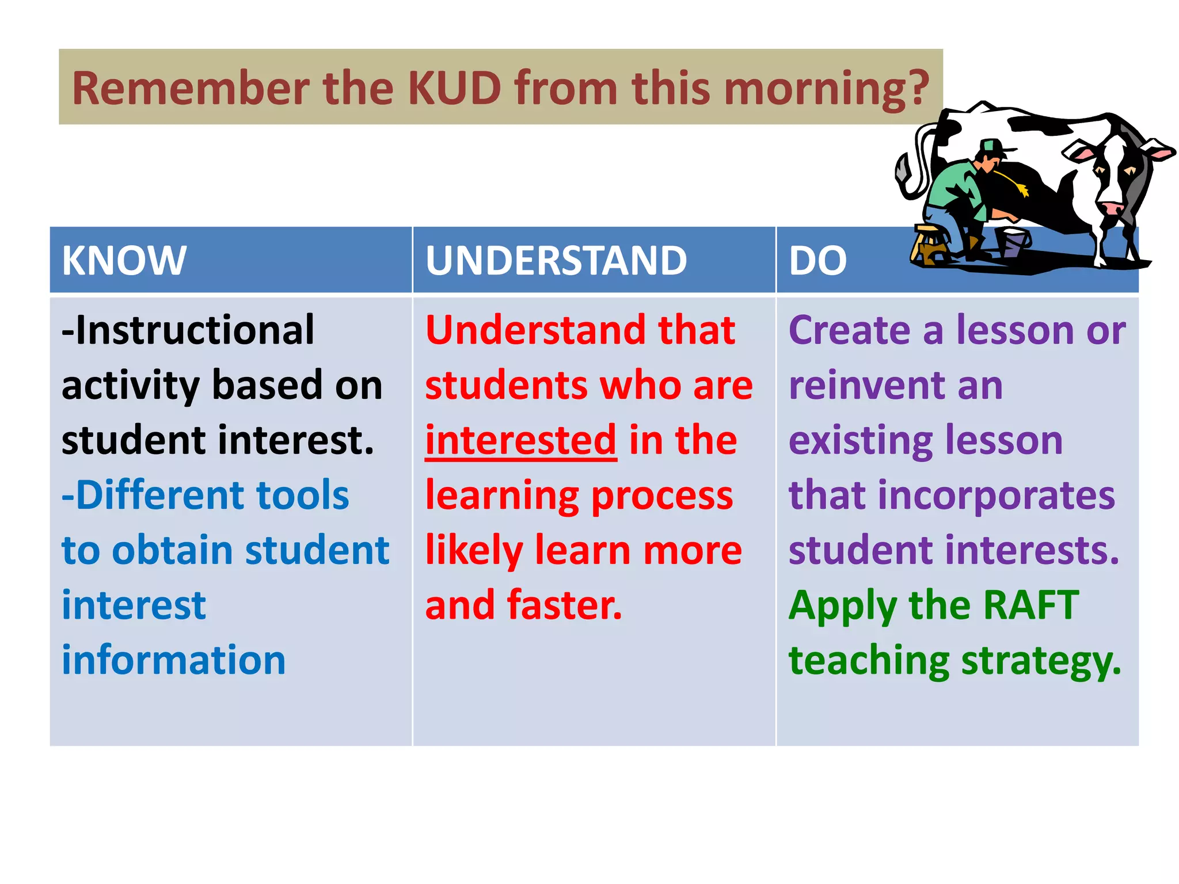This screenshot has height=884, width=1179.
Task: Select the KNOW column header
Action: (x=124, y=261)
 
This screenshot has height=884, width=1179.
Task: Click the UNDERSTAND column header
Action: (x=556, y=261)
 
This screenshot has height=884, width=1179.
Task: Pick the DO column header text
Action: (x=817, y=261)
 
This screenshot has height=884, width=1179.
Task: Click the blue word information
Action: (x=174, y=660)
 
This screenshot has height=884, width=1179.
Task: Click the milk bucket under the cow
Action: (x=1012, y=241)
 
